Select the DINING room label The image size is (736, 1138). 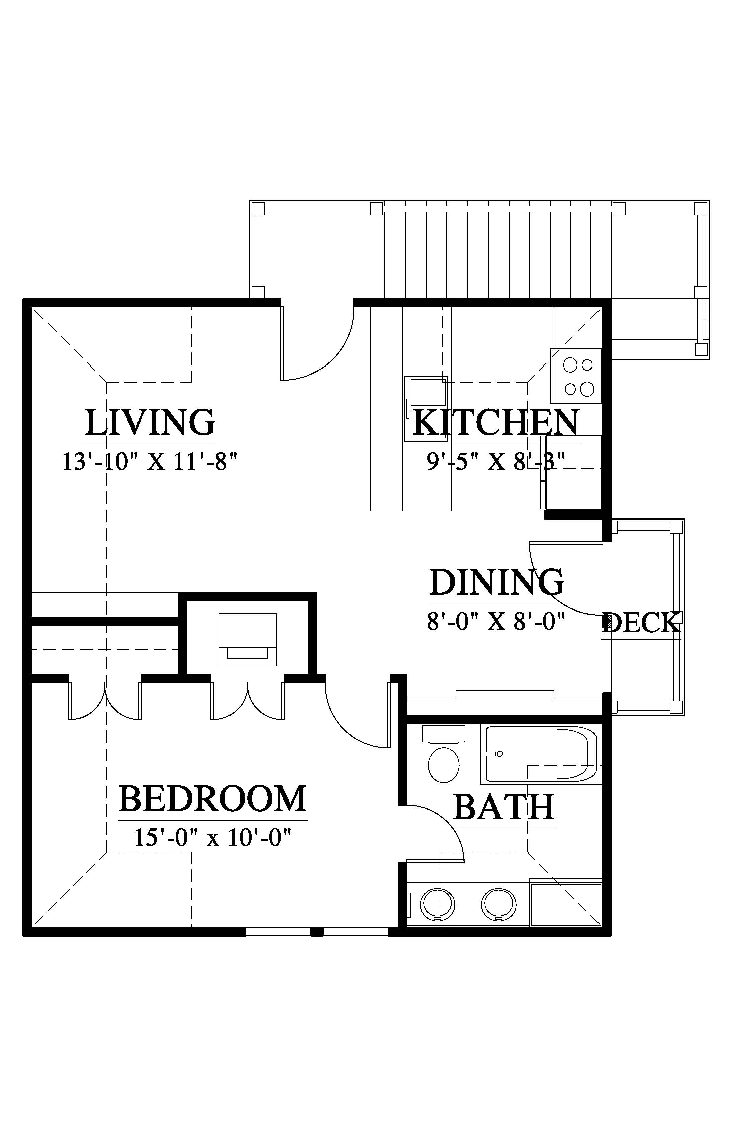pyautogui.click(x=496, y=582)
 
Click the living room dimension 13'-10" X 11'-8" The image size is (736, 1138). pyautogui.click(x=150, y=462)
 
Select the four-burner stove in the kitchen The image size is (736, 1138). pyautogui.click(x=576, y=376)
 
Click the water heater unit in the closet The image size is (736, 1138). pyautogui.click(x=248, y=639)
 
